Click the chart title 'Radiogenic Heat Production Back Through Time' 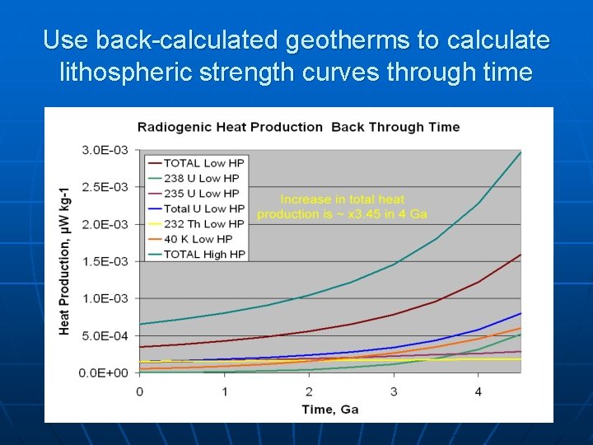coord(298,127)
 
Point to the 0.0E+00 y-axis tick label coord(103,372)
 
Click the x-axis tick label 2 coord(309,391)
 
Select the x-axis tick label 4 coord(479,391)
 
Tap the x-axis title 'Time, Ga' coord(329,410)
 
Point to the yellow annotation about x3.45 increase coord(343,207)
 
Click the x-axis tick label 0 coord(139,391)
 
